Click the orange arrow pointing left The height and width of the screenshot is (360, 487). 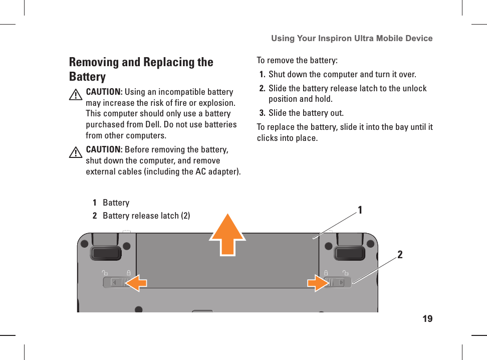(x=136, y=283)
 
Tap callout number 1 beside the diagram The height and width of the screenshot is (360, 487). (x=359, y=210)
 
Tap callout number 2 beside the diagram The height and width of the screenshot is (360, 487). (x=400, y=255)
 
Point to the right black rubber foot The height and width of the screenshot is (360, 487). (x=349, y=252)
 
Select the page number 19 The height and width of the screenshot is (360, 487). (x=427, y=319)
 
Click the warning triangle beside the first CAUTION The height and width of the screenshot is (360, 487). (x=75, y=95)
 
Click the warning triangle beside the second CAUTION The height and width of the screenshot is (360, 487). (x=75, y=152)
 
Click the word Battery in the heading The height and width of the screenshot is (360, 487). (x=87, y=77)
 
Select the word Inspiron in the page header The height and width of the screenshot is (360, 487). (x=332, y=38)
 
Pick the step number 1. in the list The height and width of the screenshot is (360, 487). (x=263, y=75)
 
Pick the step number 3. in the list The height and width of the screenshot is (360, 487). (x=263, y=112)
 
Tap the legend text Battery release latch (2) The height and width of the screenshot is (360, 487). (x=146, y=216)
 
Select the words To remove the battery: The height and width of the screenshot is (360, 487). (x=297, y=61)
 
